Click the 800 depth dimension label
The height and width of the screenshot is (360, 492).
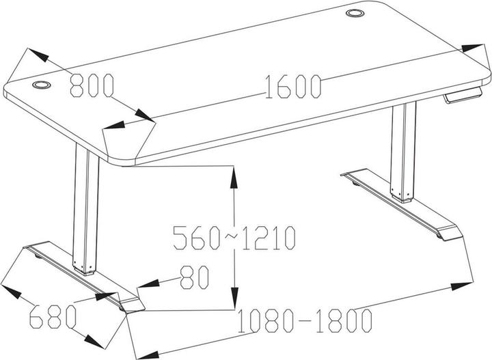click(x=92, y=85)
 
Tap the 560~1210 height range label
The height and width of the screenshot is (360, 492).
click(x=234, y=238)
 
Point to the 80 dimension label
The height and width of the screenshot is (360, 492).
click(x=194, y=277)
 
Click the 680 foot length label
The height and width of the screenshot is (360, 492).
click(x=53, y=316)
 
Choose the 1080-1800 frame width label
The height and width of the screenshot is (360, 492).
click(x=305, y=321)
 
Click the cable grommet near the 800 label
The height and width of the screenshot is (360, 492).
click(x=42, y=85)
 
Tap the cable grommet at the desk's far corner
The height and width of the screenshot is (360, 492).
click(x=355, y=13)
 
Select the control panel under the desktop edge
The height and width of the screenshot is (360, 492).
click(x=463, y=94)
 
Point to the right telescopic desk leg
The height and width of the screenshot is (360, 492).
click(x=403, y=152)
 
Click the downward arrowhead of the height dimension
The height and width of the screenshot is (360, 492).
click(x=234, y=298)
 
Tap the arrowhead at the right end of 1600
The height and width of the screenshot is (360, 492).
click(x=473, y=48)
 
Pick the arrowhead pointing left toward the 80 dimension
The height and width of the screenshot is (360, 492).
click(x=148, y=284)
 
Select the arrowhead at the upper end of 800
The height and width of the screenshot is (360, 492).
click(x=38, y=55)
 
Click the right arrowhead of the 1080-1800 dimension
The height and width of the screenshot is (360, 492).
click(x=462, y=286)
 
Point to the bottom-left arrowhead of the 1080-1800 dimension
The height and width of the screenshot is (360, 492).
click(x=147, y=355)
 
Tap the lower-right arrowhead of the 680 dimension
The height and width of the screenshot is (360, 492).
click(x=94, y=342)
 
